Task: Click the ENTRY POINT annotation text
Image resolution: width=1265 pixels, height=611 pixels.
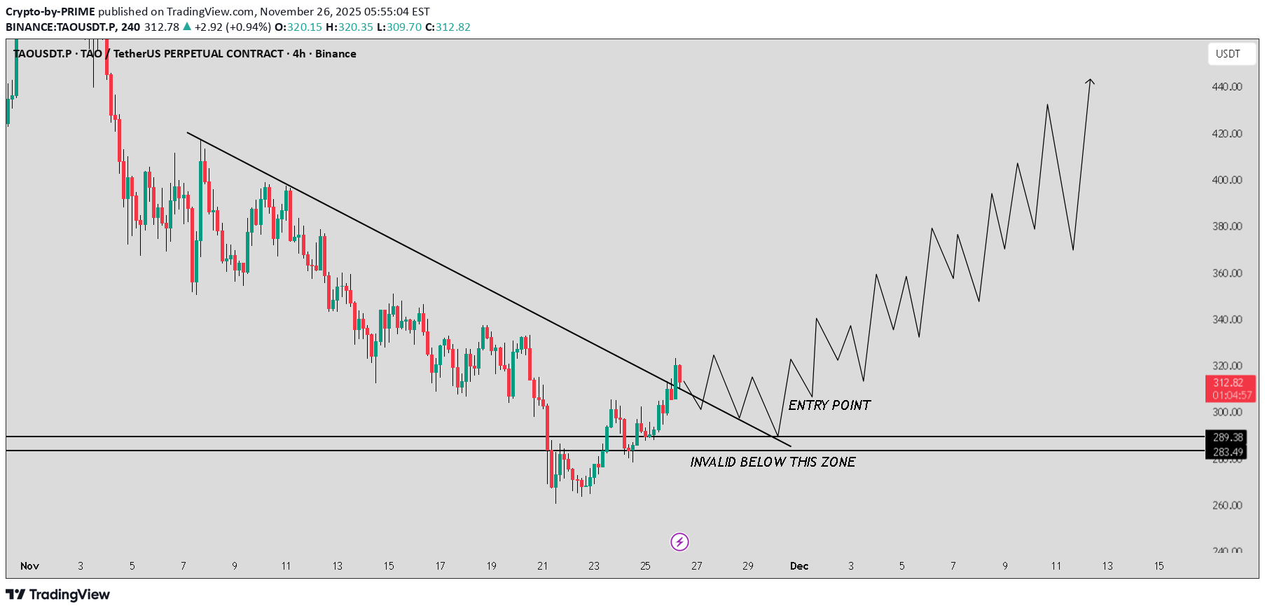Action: pyautogui.click(x=829, y=405)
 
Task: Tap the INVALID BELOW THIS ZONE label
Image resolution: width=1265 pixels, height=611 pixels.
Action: pyautogui.click(x=773, y=462)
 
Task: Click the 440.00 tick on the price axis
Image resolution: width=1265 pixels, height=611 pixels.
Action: pyautogui.click(x=1227, y=87)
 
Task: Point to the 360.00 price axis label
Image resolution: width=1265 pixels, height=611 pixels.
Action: pyautogui.click(x=1227, y=273)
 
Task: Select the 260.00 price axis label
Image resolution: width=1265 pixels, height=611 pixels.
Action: pyautogui.click(x=1227, y=505)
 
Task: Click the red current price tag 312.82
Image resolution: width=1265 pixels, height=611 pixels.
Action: pyautogui.click(x=1229, y=383)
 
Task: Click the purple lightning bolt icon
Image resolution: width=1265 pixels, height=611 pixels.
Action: pyautogui.click(x=679, y=542)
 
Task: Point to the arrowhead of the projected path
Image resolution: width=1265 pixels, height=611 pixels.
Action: pyautogui.click(x=1090, y=81)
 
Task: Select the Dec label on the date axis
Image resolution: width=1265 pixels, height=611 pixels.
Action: pyautogui.click(x=799, y=566)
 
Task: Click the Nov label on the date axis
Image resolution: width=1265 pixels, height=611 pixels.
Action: pyautogui.click(x=29, y=566)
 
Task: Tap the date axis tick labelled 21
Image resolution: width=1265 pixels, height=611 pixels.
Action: pyautogui.click(x=543, y=566)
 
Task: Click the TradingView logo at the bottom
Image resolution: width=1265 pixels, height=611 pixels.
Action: pyautogui.click(x=59, y=595)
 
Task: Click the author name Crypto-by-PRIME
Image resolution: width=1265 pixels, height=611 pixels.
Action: pyautogui.click(x=50, y=12)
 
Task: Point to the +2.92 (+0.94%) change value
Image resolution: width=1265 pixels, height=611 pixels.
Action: pyautogui.click(x=233, y=27)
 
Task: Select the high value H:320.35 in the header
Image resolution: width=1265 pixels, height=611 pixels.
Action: pyautogui.click(x=350, y=27)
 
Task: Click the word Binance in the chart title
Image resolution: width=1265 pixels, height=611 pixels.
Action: pyautogui.click(x=336, y=54)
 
